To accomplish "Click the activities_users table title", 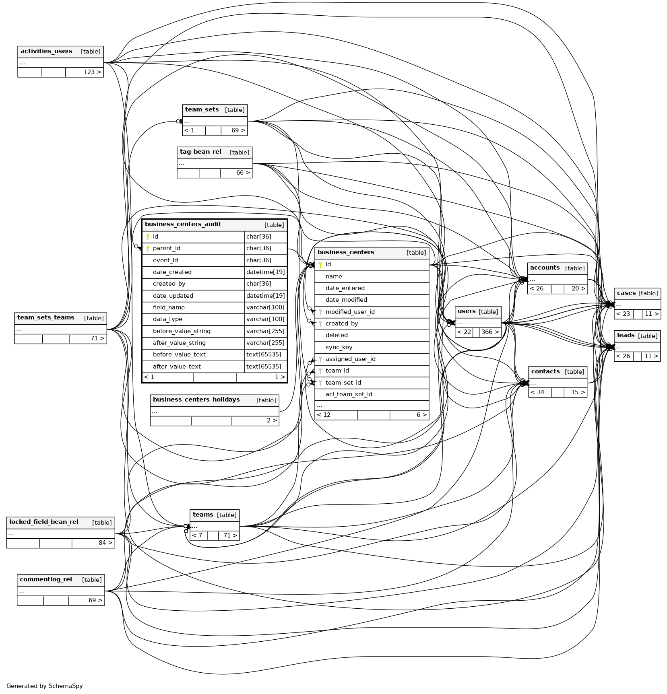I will (46, 51).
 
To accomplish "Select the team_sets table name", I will (202, 110).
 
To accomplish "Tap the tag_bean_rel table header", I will (200, 152).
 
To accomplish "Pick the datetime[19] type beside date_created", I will (265, 272).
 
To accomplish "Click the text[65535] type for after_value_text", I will (264, 367).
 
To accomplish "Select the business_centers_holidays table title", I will (196, 400).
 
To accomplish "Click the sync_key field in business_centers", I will (339, 347).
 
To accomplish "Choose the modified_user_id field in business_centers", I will (350, 312).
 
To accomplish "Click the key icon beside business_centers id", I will (320, 265).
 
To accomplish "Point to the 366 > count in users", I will (490, 332).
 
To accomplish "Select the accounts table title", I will (545, 268).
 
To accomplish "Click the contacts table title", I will (545, 372).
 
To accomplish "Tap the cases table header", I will (626, 293).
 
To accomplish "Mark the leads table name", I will (626, 336).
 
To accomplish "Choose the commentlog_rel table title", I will (46, 580).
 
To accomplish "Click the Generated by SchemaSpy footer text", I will (45, 686).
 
